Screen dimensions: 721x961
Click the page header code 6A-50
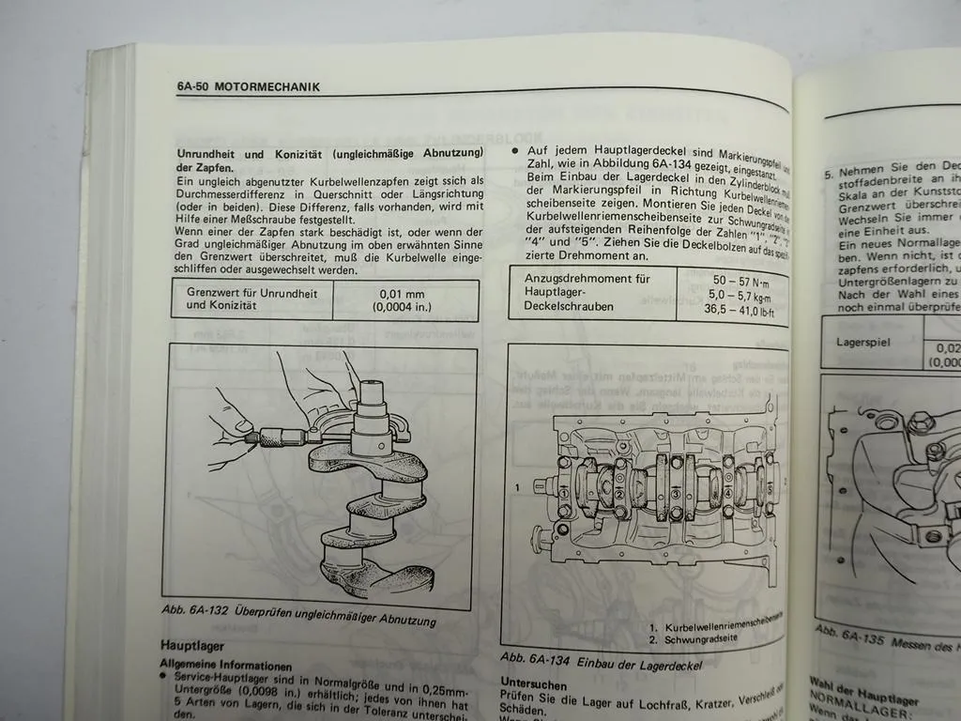click(192, 86)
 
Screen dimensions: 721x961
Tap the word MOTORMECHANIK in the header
click(267, 87)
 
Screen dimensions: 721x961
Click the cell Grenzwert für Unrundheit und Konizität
click(252, 299)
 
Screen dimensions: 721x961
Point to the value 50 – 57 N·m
click(739, 281)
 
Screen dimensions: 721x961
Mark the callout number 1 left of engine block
click(517, 487)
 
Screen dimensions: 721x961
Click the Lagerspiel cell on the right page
click(862, 342)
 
